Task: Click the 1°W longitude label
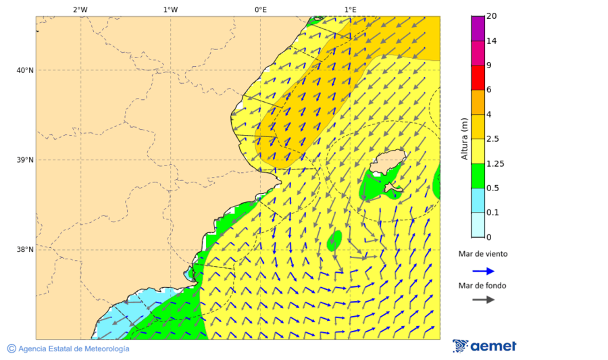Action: [x=170, y=9]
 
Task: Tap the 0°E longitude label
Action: [x=260, y=9]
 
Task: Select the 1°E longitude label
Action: [x=350, y=9]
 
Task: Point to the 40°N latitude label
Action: [x=24, y=70]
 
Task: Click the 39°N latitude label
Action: [x=24, y=160]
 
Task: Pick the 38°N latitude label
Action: [x=24, y=250]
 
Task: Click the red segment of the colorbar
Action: [x=478, y=78]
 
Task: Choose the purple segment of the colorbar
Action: [x=478, y=28]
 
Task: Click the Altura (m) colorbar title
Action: [x=464, y=139]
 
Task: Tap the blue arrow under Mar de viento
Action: [x=483, y=271]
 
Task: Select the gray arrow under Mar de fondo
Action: [x=483, y=300]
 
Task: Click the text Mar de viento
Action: [x=483, y=255]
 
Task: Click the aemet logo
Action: [x=484, y=346]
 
